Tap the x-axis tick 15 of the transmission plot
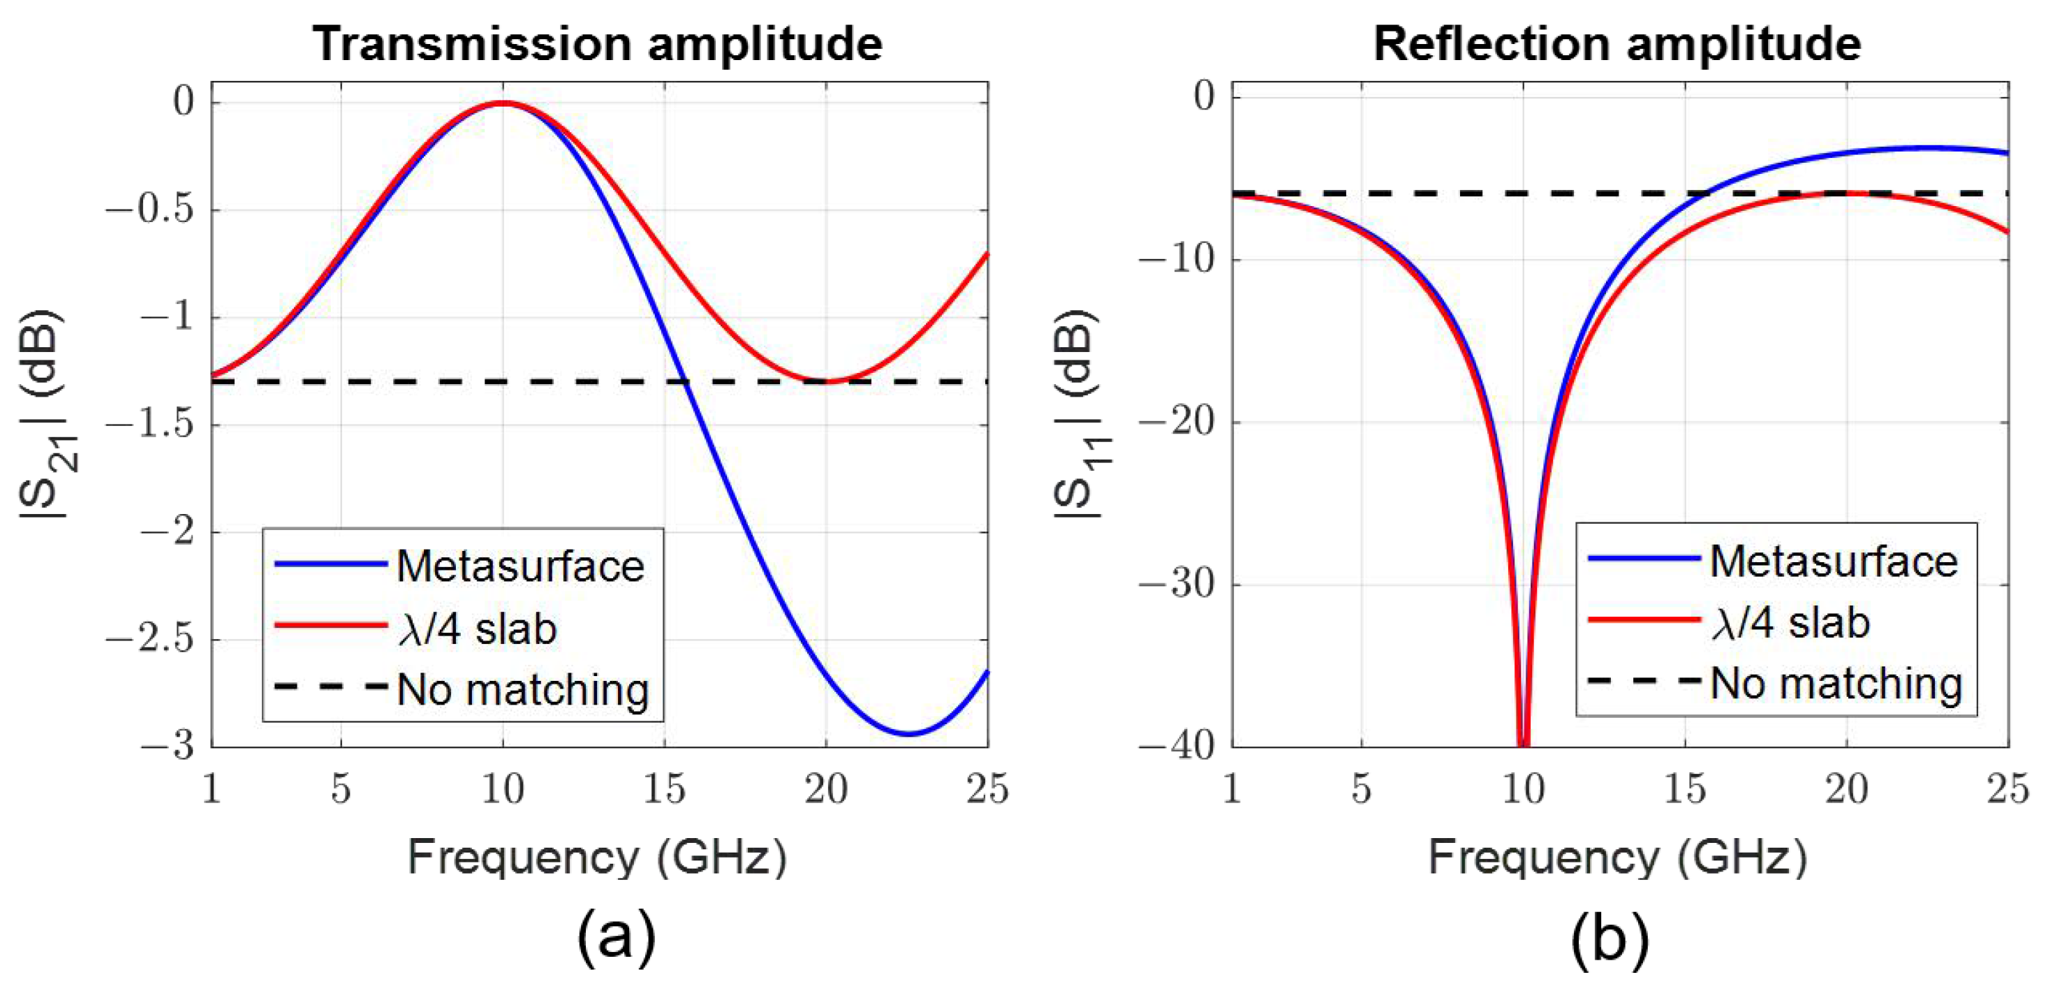click(x=664, y=789)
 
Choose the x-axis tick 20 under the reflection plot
click(x=1846, y=789)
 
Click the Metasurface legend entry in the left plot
click(x=520, y=566)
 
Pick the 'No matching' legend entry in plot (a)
click(x=522, y=689)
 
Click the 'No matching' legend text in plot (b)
click(x=1836, y=683)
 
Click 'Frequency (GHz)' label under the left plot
click(x=597, y=858)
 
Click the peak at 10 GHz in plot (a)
click(x=503, y=103)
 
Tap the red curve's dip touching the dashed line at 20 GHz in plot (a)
click(x=827, y=381)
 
